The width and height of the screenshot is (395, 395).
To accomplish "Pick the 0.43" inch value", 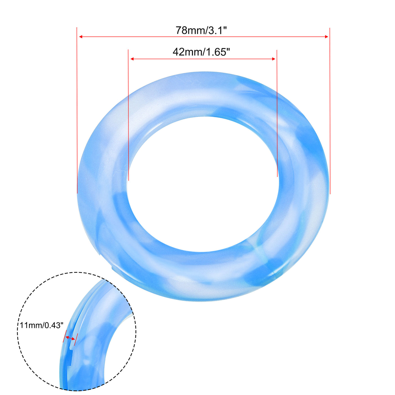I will [54, 325].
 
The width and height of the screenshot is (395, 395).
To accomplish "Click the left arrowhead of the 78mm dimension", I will [80, 37].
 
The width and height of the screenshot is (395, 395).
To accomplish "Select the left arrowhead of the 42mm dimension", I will [132, 59].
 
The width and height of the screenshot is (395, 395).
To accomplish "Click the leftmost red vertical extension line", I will [77, 113].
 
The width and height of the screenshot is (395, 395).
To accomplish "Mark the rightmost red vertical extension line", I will [330, 113].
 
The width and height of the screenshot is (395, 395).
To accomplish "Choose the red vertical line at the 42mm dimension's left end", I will [128, 113].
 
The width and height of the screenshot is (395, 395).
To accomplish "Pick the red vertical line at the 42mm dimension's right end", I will [277, 113].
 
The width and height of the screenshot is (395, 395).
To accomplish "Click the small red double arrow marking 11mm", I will [70, 338].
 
